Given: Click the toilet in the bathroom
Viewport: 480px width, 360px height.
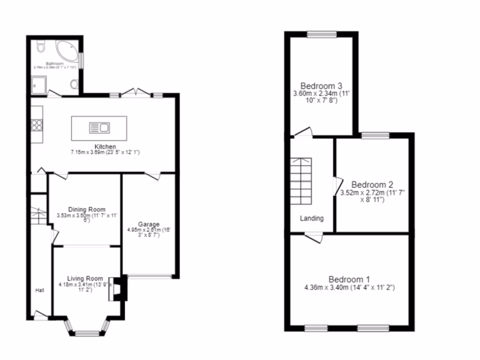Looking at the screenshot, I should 40,46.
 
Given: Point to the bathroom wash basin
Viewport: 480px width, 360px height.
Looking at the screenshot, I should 75,84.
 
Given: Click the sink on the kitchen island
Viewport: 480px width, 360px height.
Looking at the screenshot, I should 99,127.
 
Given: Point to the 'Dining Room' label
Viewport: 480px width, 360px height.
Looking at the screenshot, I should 87,210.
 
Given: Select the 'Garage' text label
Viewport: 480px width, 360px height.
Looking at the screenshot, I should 149,224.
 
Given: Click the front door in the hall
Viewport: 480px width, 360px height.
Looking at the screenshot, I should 41,315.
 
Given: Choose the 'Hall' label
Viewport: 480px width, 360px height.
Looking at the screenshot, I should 40,291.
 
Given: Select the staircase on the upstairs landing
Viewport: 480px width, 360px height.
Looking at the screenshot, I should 300,181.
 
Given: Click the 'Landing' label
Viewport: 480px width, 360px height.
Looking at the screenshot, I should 312,218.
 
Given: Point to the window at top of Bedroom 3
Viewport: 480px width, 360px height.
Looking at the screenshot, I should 322,34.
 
